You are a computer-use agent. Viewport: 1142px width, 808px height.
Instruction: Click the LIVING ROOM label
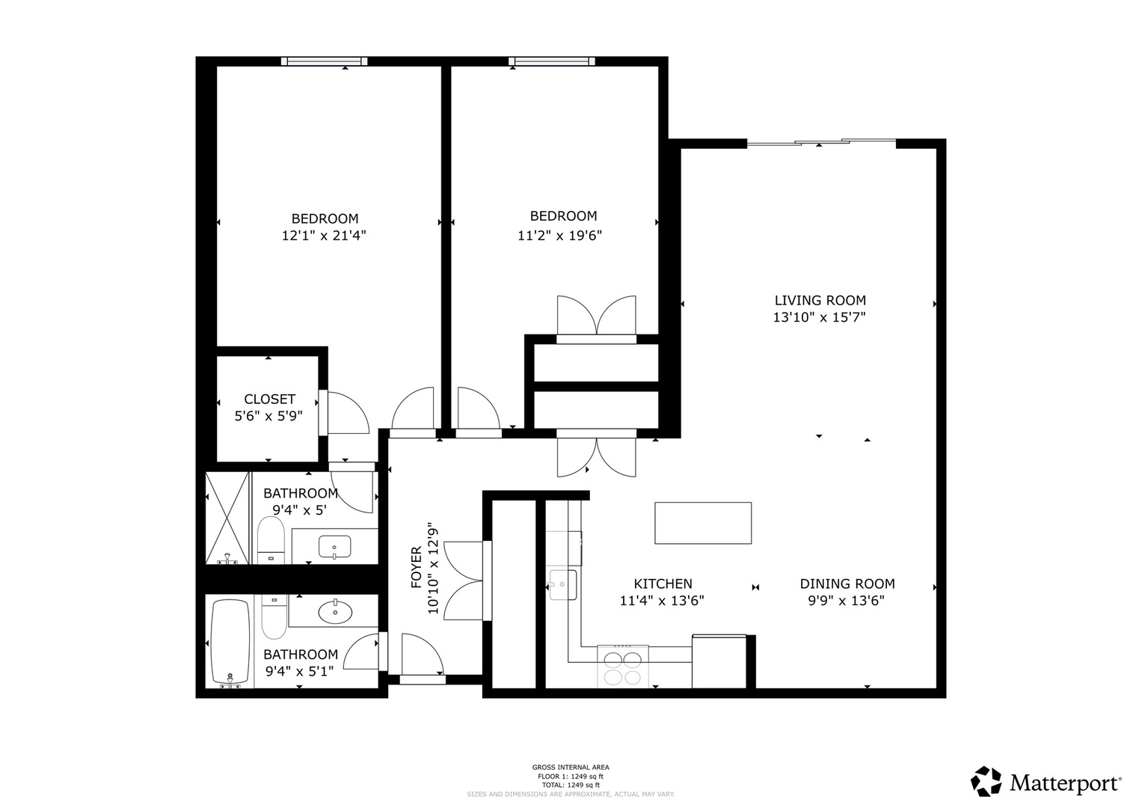click(820, 300)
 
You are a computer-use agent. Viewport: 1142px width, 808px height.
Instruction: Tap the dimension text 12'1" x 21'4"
click(324, 236)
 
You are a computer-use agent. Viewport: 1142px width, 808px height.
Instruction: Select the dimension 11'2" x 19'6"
click(559, 236)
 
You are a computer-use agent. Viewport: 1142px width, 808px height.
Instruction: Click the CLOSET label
click(269, 400)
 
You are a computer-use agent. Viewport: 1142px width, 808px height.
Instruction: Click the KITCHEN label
click(663, 584)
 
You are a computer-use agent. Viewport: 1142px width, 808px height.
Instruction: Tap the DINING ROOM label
click(847, 584)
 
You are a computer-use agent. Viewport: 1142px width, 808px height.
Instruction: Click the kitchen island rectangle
click(703, 523)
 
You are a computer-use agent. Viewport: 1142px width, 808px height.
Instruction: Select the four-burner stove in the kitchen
click(623, 667)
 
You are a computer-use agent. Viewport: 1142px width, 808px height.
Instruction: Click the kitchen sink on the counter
click(563, 584)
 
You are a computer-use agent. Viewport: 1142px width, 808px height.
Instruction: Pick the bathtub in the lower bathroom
click(230, 643)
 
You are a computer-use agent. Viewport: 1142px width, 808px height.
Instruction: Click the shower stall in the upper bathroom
click(227, 518)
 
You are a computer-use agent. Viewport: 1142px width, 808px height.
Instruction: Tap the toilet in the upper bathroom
click(270, 540)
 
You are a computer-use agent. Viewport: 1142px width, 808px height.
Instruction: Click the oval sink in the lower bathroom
click(335, 612)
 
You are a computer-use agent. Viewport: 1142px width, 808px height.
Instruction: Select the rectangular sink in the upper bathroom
click(334, 547)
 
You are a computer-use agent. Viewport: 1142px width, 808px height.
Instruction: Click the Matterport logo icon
click(986, 782)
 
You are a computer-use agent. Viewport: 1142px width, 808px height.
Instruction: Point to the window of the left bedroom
click(324, 61)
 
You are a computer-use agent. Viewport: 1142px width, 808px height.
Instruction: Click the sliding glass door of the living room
click(821, 142)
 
